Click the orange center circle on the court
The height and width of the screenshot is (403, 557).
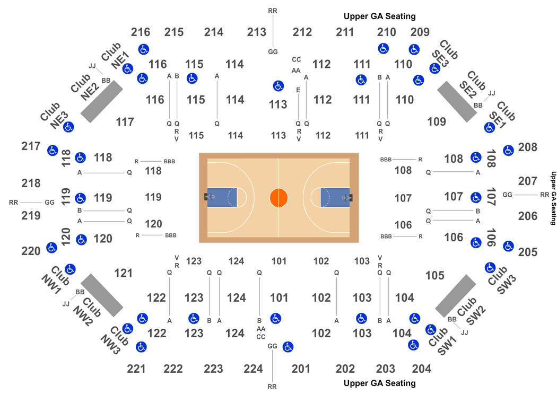click(279, 198)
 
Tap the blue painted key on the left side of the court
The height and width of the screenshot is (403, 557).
click(222, 197)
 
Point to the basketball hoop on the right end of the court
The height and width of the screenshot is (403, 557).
click(348, 197)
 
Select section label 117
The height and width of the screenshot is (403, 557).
click(125, 122)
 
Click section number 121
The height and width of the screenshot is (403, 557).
click(123, 273)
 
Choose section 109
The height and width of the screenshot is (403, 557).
click(437, 121)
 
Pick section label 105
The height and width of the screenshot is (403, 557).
click(435, 275)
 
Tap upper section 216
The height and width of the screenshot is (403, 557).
click(141, 32)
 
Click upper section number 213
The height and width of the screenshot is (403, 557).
click(256, 32)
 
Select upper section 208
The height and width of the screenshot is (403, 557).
click(527, 147)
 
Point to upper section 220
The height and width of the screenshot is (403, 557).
click(31, 251)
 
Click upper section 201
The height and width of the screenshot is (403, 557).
click(301, 369)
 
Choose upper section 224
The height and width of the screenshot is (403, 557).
click(253, 369)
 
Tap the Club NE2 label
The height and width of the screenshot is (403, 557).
click(85, 87)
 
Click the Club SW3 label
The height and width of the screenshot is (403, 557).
click(502, 280)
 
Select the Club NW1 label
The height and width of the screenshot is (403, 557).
click(55, 280)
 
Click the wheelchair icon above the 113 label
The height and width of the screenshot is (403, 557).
click(278, 86)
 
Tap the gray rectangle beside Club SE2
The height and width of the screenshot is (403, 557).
click(457, 102)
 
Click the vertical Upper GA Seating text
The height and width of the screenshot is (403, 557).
click(553, 198)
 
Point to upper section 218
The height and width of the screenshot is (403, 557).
click(31, 183)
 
